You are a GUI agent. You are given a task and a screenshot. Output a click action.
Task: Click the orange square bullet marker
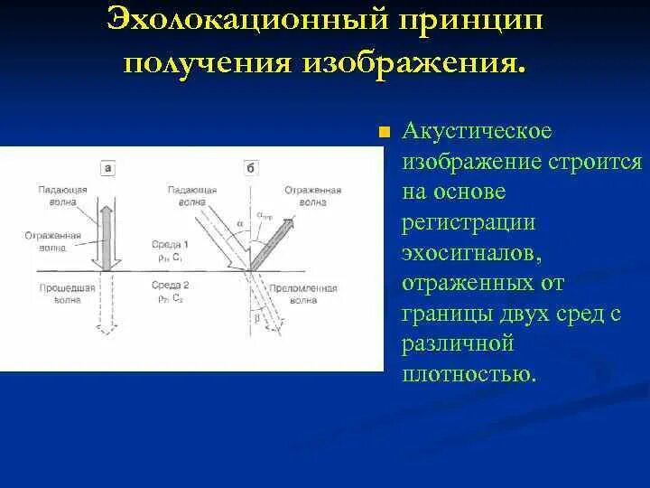pos(385,132)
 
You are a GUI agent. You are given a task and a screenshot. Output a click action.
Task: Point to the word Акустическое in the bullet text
pos(477,131)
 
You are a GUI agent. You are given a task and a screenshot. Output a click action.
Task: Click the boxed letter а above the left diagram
pos(107,167)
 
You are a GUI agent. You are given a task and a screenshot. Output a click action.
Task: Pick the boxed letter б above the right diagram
pos(250,167)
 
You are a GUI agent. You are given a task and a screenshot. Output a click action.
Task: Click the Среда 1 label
pos(172,245)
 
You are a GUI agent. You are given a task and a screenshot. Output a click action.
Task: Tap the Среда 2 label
pos(172,286)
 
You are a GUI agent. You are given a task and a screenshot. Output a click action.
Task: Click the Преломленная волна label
pos(311,296)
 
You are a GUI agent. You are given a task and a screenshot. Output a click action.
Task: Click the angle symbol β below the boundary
pos(261,317)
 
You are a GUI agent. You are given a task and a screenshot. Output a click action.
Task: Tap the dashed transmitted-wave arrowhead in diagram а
pos(107,331)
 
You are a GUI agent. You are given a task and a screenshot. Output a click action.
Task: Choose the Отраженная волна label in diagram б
pos(311,197)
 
